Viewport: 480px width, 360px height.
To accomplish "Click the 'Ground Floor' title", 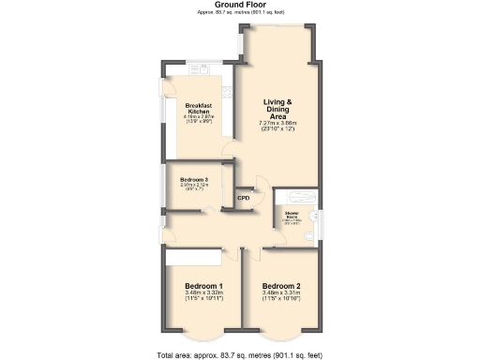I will pos(239,5).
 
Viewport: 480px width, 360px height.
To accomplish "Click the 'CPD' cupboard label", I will pos(243,198).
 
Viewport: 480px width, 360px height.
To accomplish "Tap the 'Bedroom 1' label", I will pos(203,285).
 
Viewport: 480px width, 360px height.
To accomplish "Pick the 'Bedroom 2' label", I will pos(281,285).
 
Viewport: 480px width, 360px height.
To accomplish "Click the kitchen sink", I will pos(198,67).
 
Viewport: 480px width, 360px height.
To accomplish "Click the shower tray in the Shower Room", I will pos(302,199).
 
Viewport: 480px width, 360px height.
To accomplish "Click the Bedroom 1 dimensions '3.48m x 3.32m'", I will pos(203,293).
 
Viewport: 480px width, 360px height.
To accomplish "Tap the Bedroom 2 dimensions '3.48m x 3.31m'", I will pos(281,293).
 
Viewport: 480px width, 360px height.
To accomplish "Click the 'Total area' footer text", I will pos(239,354).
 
